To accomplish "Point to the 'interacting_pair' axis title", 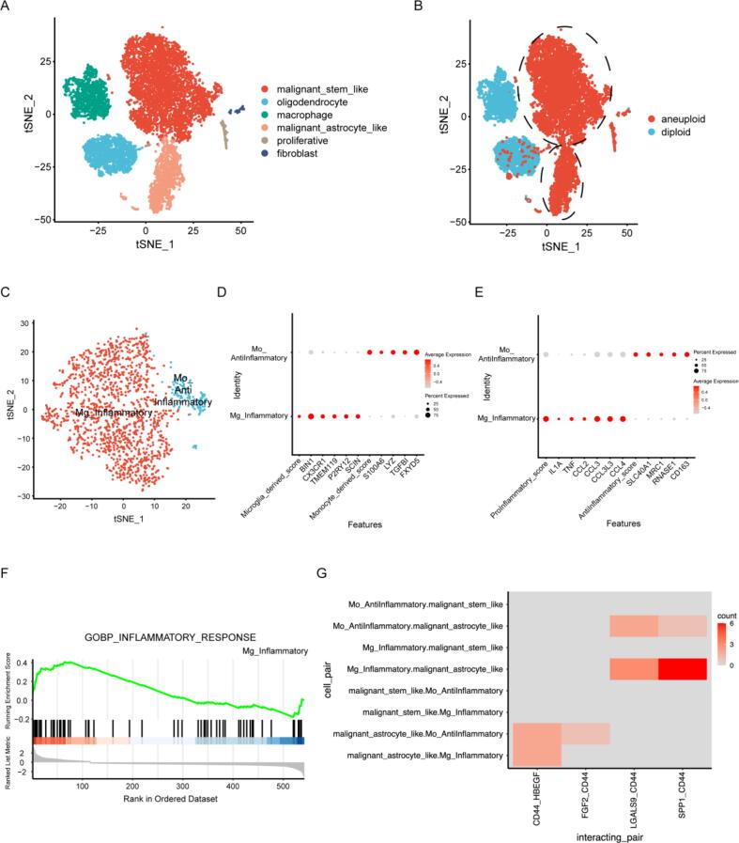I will point(608,831).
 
